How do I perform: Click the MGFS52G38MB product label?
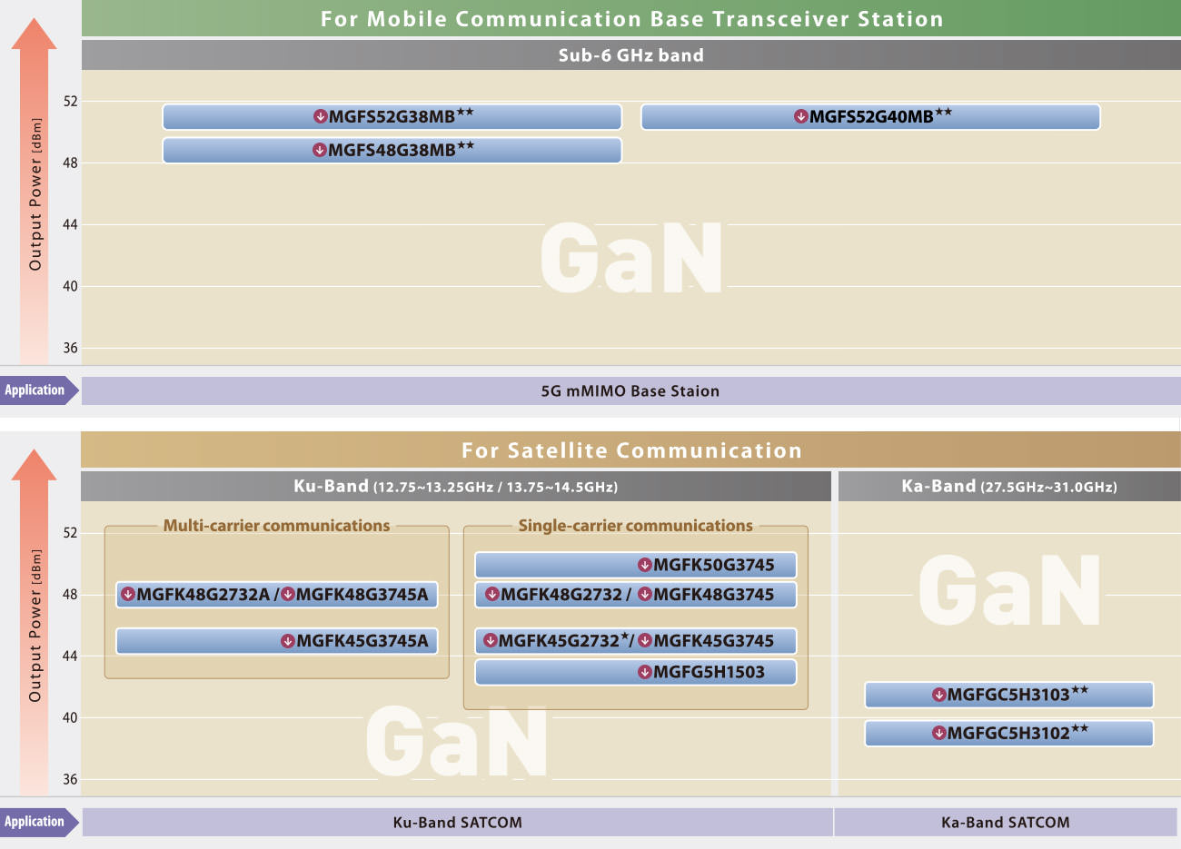pos(392,116)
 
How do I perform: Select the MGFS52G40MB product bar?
pos(870,116)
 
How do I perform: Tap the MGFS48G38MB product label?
pos(392,150)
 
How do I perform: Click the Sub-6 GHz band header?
pos(631,55)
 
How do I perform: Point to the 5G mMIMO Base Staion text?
pos(630,391)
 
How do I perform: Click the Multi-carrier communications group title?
pos(276,526)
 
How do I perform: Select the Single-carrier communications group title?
pos(635,526)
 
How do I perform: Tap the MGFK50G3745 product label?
pos(706,565)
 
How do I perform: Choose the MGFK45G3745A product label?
pos(354,641)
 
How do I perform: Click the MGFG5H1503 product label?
pos(701,672)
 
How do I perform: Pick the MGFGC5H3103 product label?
pos(1009,694)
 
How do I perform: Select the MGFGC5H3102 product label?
pos(1009,733)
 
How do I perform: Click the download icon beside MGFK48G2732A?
pos(127,595)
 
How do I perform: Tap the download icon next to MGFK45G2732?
pos(491,640)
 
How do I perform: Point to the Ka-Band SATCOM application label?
pos(1006,823)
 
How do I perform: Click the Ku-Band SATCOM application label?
pos(457,823)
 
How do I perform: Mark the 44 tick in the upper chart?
pos(70,225)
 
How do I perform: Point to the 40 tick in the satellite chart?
pos(70,717)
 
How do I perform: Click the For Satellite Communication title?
pos(631,450)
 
